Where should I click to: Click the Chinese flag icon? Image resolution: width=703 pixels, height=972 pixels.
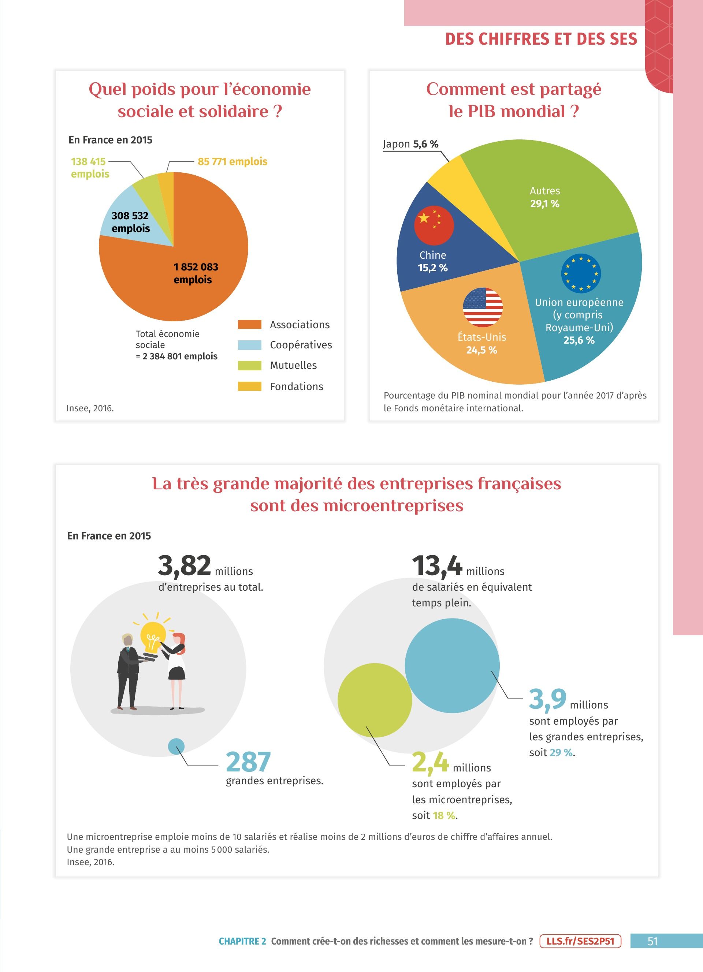click(434, 225)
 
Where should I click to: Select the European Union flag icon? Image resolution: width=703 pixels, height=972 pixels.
click(581, 273)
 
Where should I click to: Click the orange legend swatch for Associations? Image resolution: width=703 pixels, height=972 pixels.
click(249, 325)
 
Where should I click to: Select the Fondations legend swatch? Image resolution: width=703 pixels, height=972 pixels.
click(249, 386)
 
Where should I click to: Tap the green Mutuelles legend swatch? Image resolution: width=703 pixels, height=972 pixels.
click(249, 365)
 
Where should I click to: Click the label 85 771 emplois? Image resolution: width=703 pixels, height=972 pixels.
click(233, 161)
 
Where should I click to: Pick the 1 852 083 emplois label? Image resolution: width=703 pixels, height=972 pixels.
click(196, 273)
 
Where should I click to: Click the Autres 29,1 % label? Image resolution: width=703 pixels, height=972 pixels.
click(545, 197)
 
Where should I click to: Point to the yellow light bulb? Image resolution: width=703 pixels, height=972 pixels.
click(153, 637)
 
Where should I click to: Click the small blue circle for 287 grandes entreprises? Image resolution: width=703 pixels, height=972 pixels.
click(176, 746)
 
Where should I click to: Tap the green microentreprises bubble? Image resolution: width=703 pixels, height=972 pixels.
click(375, 700)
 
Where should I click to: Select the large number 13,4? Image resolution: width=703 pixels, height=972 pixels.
click(437, 566)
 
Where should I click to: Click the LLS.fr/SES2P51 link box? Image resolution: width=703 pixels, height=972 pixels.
click(580, 941)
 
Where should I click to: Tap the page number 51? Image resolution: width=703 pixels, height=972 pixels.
click(652, 941)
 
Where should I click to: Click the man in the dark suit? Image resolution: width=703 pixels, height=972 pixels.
click(128, 672)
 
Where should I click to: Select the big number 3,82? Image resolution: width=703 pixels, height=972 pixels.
click(184, 566)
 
